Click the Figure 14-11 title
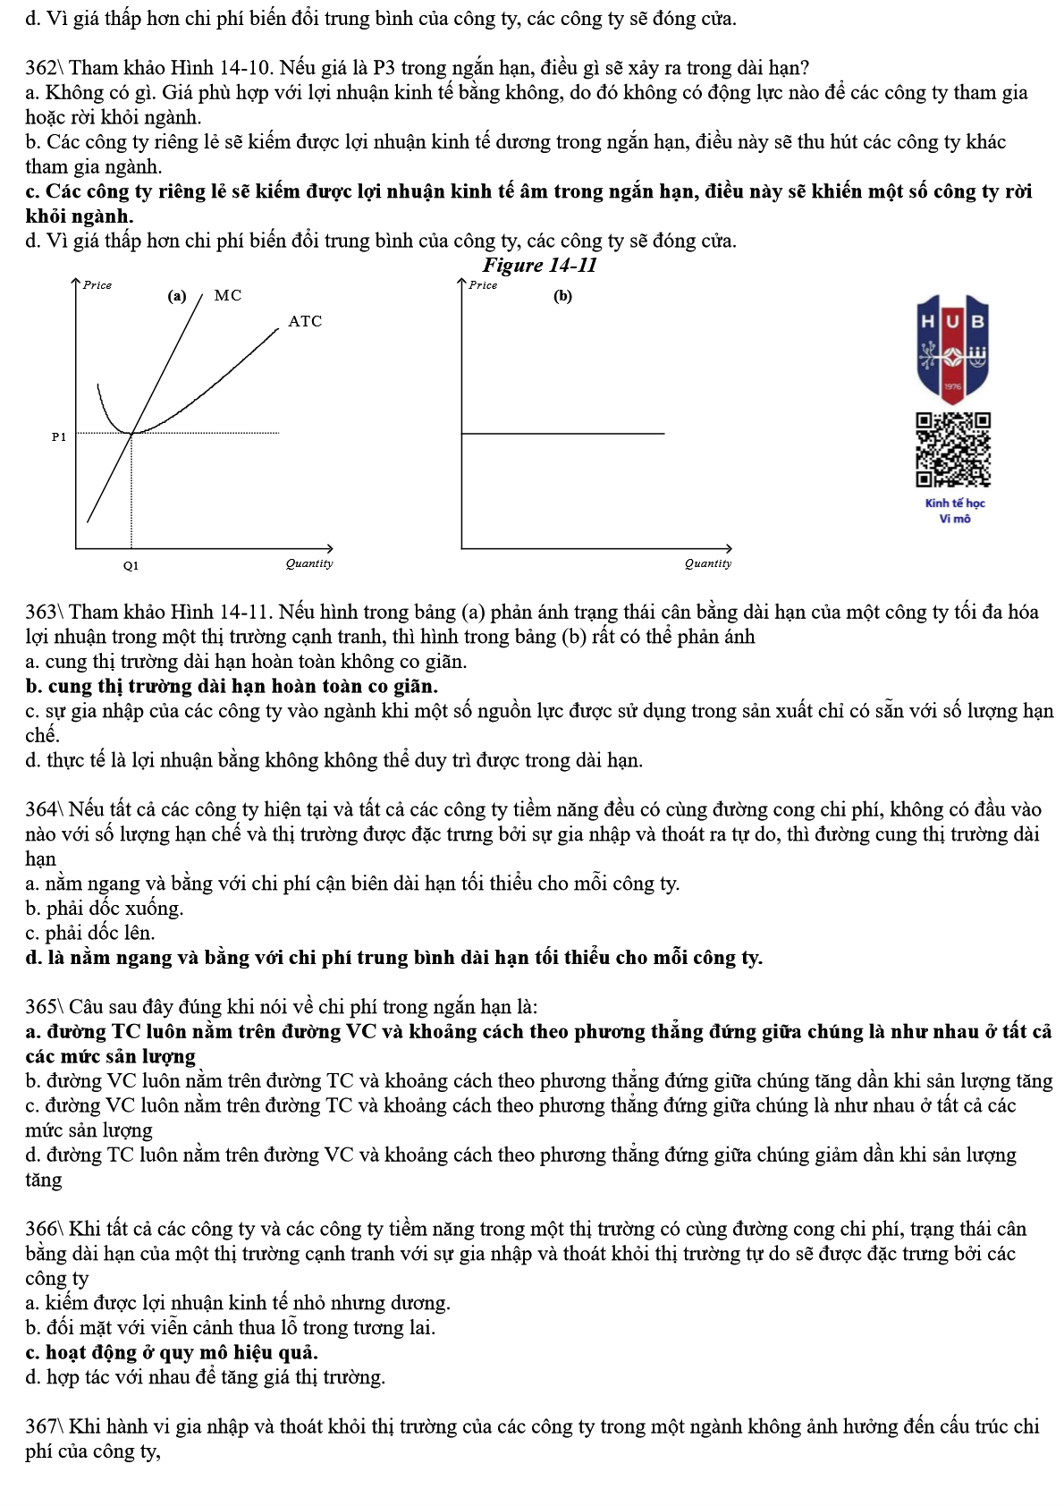[x=539, y=265]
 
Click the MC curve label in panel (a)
[x=228, y=295]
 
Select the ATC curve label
[x=305, y=321]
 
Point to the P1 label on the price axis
[x=59, y=437]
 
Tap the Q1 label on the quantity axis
[x=131, y=565]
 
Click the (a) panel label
[x=177, y=296]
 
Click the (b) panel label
[x=562, y=296]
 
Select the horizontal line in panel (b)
[x=563, y=434]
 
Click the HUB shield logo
[x=953, y=349]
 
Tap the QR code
[x=953, y=450]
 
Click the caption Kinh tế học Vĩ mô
[x=955, y=511]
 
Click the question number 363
[x=42, y=613]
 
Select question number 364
[x=42, y=810]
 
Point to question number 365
[x=42, y=1008]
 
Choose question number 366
[x=42, y=1230]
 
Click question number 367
[x=42, y=1427]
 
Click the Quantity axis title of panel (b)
[x=708, y=563]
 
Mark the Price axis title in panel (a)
[x=97, y=285]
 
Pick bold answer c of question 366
[x=172, y=1353]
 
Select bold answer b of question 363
[x=232, y=687]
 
